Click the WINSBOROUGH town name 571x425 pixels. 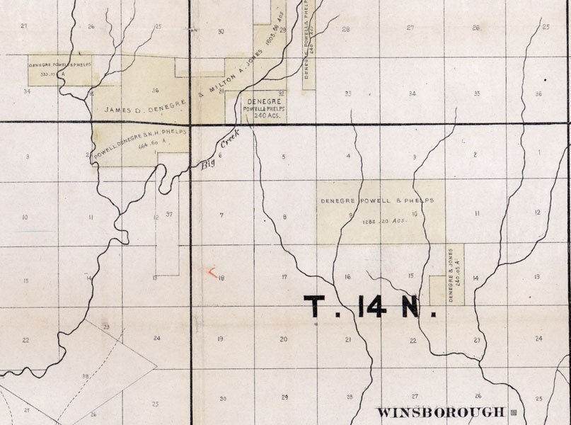[441, 412]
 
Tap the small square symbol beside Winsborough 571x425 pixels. [514, 411]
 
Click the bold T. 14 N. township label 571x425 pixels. [365, 307]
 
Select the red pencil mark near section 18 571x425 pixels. [211, 272]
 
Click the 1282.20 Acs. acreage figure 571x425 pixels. [386, 220]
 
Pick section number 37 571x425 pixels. [168, 214]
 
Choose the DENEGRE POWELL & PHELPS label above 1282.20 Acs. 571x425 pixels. [376, 200]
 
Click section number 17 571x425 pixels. [284, 277]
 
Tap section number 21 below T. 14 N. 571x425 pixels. [348, 340]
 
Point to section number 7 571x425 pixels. [221, 215]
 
